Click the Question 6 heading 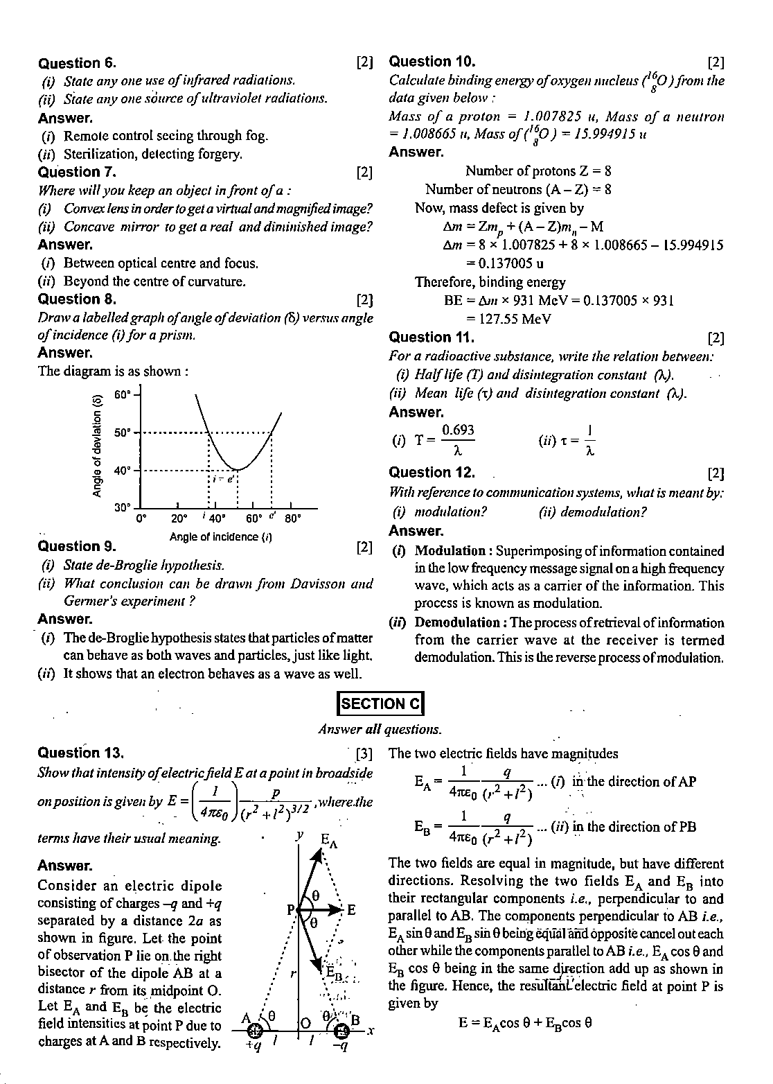tap(78, 63)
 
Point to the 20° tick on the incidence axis tap(179, 518)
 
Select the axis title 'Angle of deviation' tap(97, 444)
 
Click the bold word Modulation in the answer tap(450, 551)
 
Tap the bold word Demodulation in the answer tap(457, 623)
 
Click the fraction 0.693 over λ tap(458, 440)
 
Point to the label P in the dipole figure tap(292, 909)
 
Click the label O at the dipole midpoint tap(306, 1022)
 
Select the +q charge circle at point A tap(254, 1032)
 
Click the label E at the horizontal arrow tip tap(351, 909)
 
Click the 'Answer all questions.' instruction tap(380, 729)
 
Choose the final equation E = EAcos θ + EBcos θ tap(525, 1022)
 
